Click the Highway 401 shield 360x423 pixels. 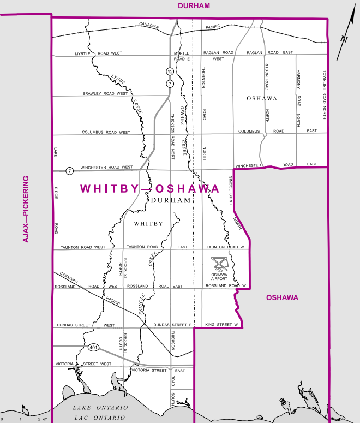click(91, 347)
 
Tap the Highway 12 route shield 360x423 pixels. click(170, 72)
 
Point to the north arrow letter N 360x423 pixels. click(344, 39)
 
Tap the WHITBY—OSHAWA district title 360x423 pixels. click(150, 189)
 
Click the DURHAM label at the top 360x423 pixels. click(194, 5)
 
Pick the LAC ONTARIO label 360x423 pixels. click(101, 418)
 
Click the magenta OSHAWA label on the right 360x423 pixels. click(282, 297)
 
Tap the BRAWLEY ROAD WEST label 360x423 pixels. click(105, 93)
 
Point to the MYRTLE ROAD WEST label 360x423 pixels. click(99, 53)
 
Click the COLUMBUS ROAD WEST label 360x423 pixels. click(106, 132)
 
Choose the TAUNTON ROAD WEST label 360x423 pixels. click(83, 247)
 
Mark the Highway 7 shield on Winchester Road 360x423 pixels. click(69, 170)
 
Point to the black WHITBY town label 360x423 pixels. click(148, 224)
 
